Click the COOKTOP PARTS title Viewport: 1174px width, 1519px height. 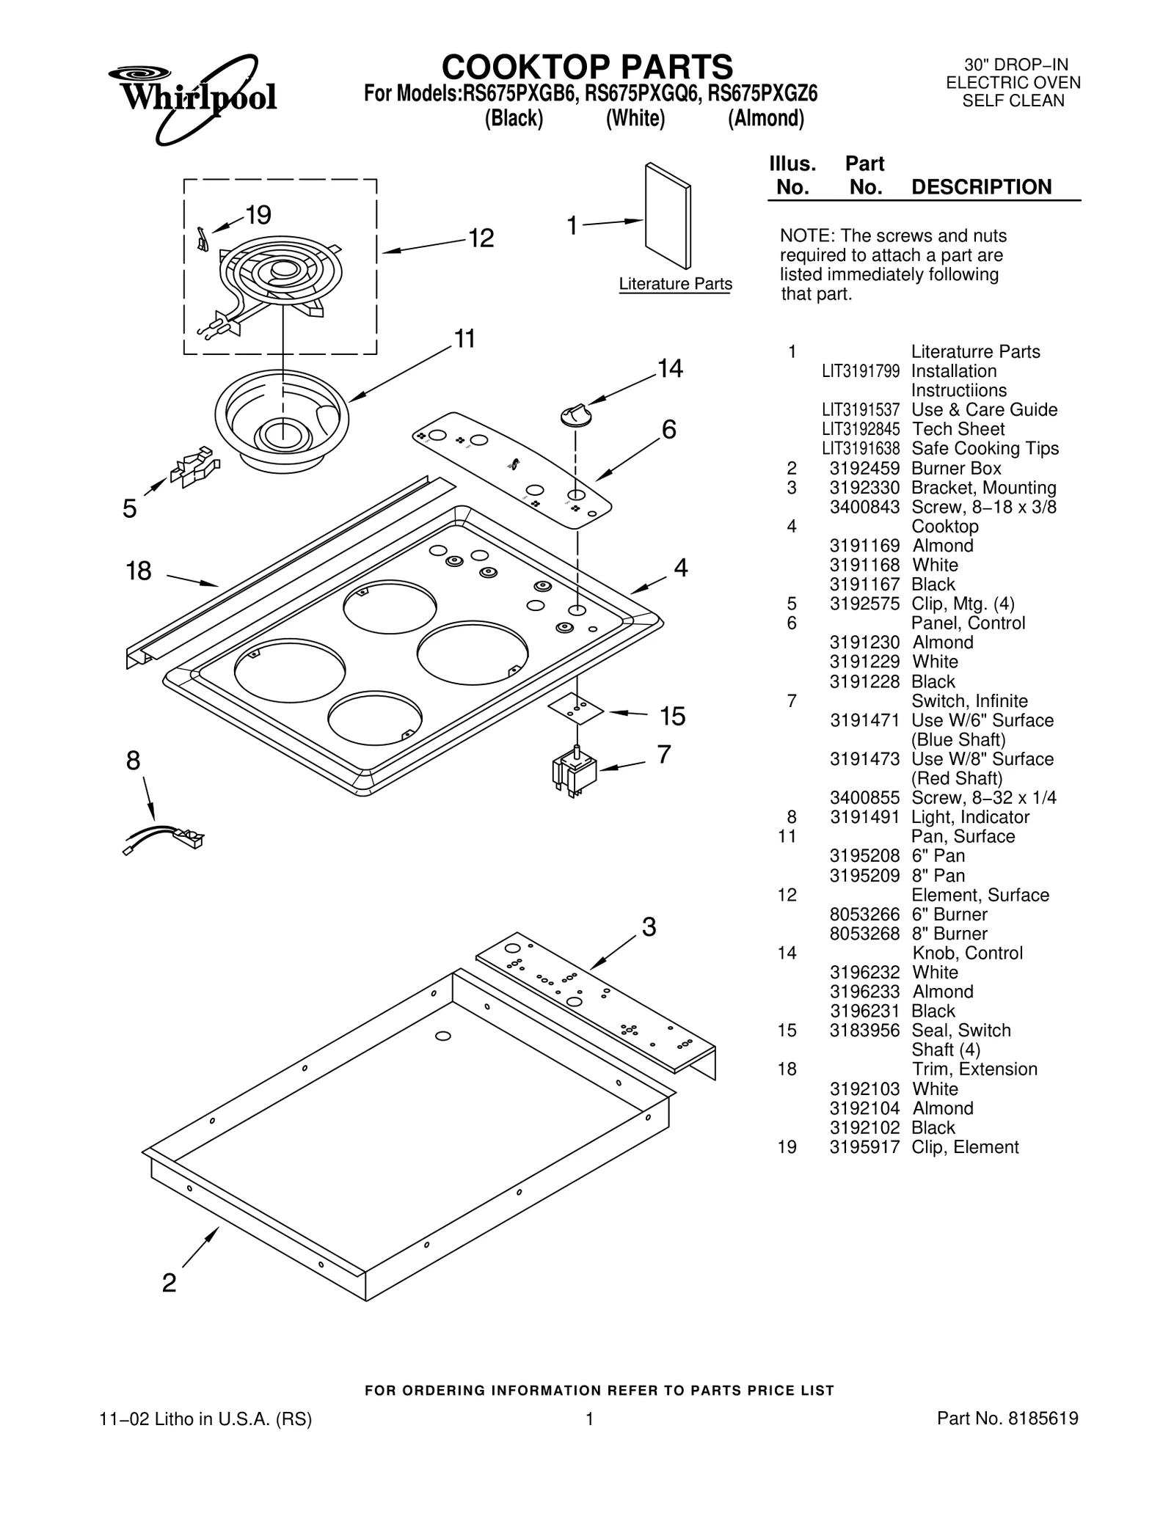coord(587,67)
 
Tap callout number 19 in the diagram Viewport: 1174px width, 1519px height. coord(258,215)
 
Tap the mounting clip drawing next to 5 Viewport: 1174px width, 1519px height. coord(194,467)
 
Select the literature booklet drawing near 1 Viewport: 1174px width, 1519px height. coord(668,216)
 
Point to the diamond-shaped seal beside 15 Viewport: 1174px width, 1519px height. coord(577,709)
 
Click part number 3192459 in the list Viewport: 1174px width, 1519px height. coord(864,468)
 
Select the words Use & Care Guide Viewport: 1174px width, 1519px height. coord(984,409)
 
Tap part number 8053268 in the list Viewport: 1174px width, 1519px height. coord(864,934)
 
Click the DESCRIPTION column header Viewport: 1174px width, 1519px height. coord(981,187)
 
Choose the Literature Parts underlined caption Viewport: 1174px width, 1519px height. coord(675,284)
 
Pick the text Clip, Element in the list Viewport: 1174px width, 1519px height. coord(965,1147)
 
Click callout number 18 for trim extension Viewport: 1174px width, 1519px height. coord(139,571)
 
